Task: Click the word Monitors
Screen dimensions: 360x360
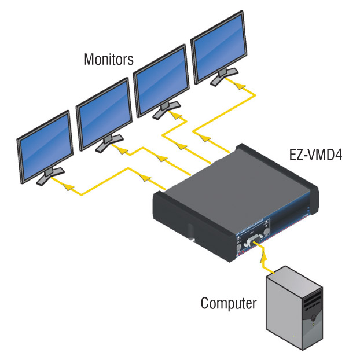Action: coord(109,59)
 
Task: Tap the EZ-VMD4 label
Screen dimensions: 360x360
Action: coord(314,155)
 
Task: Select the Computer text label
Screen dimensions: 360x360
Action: coord(228,303)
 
